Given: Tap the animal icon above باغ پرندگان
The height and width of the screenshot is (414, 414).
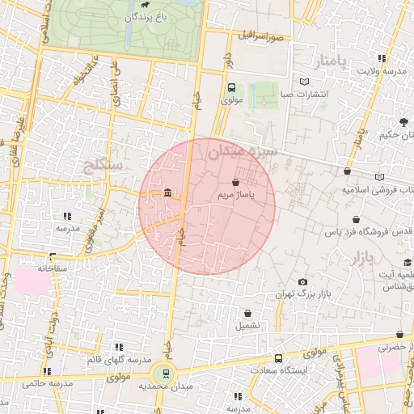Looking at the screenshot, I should [145, 3].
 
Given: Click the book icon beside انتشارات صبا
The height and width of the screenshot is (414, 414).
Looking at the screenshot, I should [305, 82].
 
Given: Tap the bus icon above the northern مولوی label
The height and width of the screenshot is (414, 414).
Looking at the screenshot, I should [231, 88].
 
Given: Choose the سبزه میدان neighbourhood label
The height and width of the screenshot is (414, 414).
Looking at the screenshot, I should [243, 151].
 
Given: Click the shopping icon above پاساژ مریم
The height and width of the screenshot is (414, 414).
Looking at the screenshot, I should [235, 183].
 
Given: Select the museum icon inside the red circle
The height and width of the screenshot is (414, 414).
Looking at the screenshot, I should [167, 192].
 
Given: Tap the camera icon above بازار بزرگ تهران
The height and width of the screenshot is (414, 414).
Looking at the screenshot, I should [303, 282].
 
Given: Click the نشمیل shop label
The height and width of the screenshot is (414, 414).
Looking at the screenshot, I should [247, 326].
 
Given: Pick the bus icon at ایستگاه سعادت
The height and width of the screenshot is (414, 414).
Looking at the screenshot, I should [279, 358].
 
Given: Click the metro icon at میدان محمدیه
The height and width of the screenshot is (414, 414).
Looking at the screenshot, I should [165, 373].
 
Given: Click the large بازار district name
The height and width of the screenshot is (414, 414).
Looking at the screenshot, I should [360, 260].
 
